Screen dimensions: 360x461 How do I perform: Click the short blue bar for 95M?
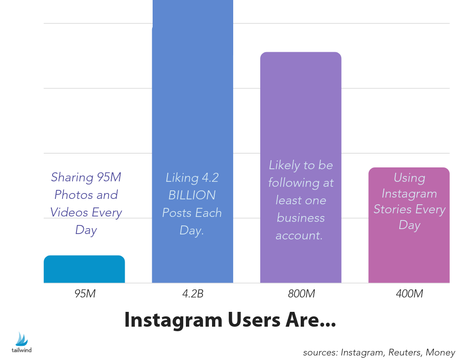click(84, 269)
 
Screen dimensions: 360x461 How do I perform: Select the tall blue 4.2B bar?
click(192, 112)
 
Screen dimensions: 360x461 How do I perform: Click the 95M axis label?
click(85, 294)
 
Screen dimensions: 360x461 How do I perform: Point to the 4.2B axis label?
click(192, 294)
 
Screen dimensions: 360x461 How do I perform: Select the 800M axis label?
click(301, 294)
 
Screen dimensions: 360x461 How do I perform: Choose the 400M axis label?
click(409, 294)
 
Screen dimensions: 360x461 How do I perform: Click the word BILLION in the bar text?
click(192, 195)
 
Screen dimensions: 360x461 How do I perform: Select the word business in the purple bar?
click(301, 218)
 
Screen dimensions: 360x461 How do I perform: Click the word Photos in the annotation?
click(71, 195)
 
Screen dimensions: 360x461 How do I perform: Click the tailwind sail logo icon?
click(22, 339)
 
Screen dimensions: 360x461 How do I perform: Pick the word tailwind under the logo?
click(22, 350)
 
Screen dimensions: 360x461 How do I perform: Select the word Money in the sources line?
click(441, 352)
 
